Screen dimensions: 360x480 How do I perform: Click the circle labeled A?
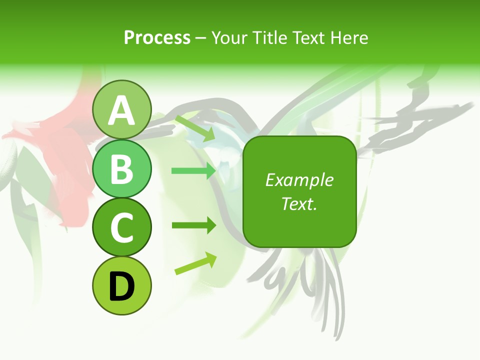tap(122, 110)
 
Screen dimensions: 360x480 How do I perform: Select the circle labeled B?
tap(122, 168)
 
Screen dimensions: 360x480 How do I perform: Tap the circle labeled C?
tap(122, 227)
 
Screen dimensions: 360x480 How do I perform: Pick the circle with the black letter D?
tap(122, 285)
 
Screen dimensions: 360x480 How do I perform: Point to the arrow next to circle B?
tap(193, 171)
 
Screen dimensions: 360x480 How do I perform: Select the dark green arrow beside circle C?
tap(193, 225)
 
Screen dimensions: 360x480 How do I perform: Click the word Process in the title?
tap(157, 37)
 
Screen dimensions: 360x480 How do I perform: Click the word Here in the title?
tap(349, 37)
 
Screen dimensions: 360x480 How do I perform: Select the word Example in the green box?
tap(299, 180)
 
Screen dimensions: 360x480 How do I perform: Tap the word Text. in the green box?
tap(299, 203)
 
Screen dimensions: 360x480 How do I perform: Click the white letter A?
tap(122, 110)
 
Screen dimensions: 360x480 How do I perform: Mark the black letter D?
tap(122, 286)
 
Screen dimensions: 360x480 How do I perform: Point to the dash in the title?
tap(201, 38)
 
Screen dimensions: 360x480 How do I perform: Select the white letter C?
tap(122, 227)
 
